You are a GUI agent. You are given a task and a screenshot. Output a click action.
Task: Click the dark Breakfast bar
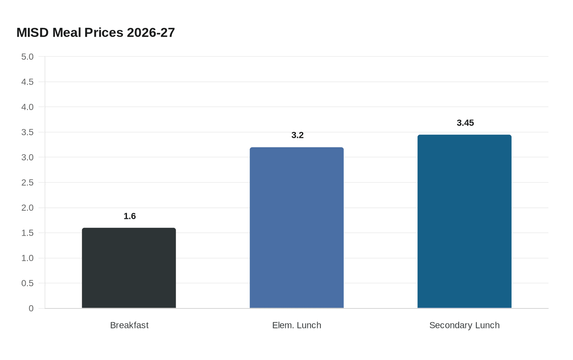click(x=129, y=268)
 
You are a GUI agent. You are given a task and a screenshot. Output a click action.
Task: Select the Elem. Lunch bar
click(x=297, y=227)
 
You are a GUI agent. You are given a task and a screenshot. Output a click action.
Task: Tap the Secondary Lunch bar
click(x=465, y=221)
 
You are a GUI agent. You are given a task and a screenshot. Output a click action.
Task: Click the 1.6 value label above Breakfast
click(x=130, y=216)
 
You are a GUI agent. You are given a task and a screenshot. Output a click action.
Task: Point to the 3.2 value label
click(x=298, y=135)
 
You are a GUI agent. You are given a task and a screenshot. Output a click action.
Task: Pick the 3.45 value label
click(x=465, y=123)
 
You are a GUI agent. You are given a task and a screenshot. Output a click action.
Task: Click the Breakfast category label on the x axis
click(x=129, y=325)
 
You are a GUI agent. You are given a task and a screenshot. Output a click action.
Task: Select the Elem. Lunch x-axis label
click(x=297, y=325)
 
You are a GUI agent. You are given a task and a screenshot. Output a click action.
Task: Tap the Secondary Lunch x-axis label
click(x=465, y=325)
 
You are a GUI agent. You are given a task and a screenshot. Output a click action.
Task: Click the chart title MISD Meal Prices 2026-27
click(x=96, y=32)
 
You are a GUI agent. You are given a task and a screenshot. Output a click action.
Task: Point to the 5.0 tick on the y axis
click(x=27, y=56)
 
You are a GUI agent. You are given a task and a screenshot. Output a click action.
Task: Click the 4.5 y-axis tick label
click(x=27, y=82)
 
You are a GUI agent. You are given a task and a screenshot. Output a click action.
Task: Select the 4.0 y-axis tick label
click(x=27, y=107)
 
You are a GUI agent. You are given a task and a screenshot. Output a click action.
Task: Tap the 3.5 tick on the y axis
click(x=27, y=132)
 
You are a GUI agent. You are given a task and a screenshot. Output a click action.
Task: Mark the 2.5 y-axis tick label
click(x=27, y=182)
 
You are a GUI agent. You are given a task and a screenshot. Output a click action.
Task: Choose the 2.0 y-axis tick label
click(x=27, y=208)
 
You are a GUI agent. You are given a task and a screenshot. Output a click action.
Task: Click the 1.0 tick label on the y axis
click(x=27, y=258)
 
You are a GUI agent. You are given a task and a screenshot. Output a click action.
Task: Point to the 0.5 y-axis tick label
click(x=27, y=283)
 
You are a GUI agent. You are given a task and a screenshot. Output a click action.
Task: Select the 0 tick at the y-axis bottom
click(x=31, y=308)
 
